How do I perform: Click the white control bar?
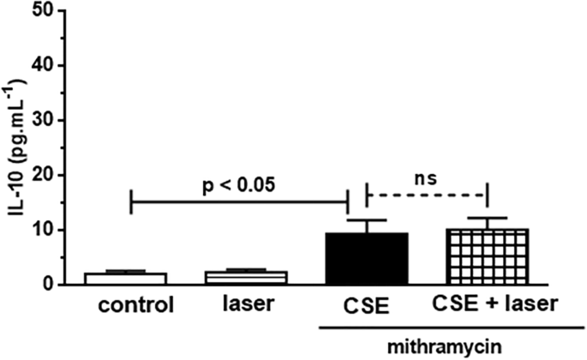pos(130,279)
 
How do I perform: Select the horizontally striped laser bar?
pos(238,278)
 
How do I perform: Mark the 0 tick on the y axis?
pos(54,285)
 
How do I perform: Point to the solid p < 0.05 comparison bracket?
pos(238,202)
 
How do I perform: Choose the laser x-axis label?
pos(238,305)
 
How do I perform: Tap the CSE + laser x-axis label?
pos(488,305)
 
